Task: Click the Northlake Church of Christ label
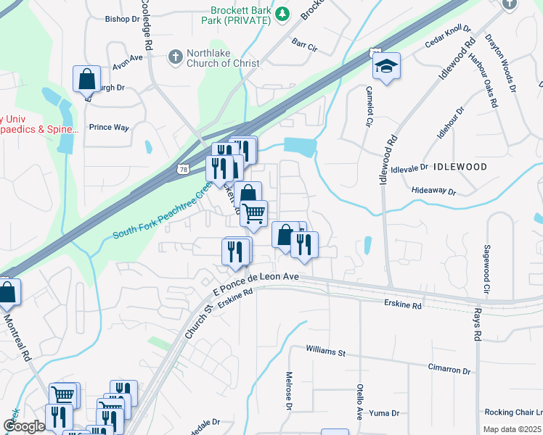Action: [x=219, y=58]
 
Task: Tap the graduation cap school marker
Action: [x=386, y=67]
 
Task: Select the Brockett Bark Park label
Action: [x=240, y=15]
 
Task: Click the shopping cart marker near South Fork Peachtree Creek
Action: [x=254, y=213]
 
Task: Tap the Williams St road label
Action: [x=325, y=352]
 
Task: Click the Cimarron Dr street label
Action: [x=449, y=370]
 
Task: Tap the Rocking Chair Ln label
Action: [x=516, y=410]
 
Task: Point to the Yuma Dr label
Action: [x=385, y=413]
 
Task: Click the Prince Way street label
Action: [x=109, y=128]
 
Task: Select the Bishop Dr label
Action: [x=121, y=20]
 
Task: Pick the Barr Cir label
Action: [x=305, y=44]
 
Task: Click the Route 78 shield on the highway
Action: [x=181, y=169]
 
